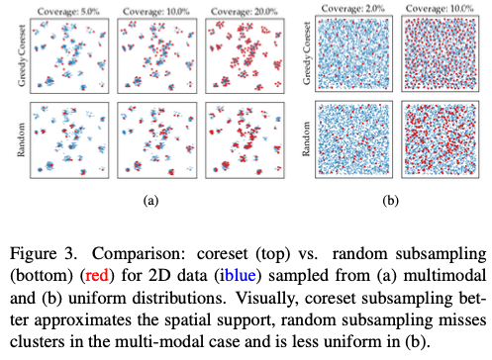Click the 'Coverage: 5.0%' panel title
click(63, 10)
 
